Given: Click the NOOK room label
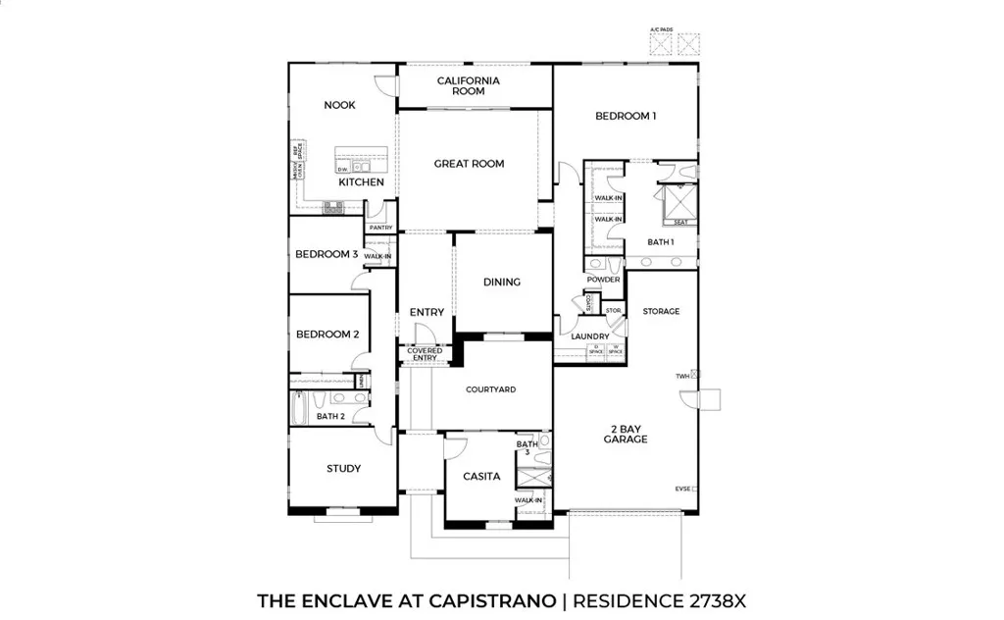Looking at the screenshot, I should [340, 105].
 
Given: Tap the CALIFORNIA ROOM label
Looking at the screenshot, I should [469, 85].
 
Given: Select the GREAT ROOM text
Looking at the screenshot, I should [469, 164].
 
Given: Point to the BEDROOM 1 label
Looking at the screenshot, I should [626, 116].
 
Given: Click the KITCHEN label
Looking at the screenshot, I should [361, 182].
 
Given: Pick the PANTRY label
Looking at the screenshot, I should [380, 228].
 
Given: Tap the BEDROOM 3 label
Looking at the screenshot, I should [326, 254].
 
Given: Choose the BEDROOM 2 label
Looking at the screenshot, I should [327, 335].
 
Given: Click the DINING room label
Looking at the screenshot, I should [502, 283].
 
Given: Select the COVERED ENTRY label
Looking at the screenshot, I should [425, 354].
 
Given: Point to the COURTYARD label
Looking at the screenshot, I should [490, 389].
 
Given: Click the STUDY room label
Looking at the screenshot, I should [343, 469].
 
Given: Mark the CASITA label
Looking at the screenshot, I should [481, 477].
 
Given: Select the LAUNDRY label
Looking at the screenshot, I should [590, 336].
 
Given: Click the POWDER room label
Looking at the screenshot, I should [603, 280].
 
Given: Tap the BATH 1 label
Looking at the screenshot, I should [660, 241].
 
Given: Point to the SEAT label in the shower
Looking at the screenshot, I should [679, 222].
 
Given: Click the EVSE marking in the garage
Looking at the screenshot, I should [682, 488].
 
